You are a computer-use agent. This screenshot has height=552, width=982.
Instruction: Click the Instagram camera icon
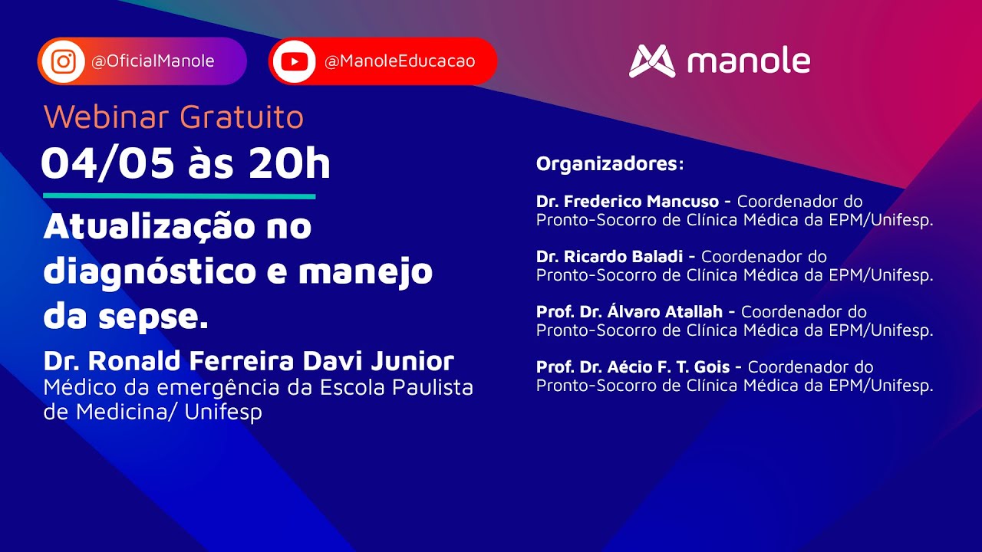pos(64,61)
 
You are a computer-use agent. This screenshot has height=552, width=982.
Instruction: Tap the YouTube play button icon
pos(294,62)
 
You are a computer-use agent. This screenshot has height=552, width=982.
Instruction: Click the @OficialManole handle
pos(153,61)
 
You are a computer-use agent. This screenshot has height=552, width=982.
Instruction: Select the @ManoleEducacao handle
pos(400,61)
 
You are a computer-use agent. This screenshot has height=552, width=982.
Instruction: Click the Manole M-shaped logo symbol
pos(652,61)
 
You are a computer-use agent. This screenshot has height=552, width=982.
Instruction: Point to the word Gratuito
pos(242,117)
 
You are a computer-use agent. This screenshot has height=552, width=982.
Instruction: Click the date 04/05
pos(108,163)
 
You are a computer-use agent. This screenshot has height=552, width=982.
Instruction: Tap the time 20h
pos(289,163)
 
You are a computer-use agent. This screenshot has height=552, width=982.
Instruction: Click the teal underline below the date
pos(180,197)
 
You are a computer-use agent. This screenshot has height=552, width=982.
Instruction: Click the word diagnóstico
pos(150,272)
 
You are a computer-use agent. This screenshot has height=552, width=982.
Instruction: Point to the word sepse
pos(153,317)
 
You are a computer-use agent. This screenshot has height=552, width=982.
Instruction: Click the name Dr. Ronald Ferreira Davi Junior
pos(249,361)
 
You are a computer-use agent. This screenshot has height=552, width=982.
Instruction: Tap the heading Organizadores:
pos(610,164)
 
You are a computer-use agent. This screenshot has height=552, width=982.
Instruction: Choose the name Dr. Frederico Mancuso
pos(628,202)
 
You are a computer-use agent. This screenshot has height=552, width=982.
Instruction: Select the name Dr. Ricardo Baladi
pos(609,257)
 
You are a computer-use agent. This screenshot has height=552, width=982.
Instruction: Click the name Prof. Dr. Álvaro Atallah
pos(629,312)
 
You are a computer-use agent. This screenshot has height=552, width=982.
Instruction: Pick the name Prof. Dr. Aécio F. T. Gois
pos(633,366)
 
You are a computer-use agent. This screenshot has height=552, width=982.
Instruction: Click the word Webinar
pos(107,117)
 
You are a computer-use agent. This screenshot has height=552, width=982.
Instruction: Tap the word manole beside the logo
pos(749,61)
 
